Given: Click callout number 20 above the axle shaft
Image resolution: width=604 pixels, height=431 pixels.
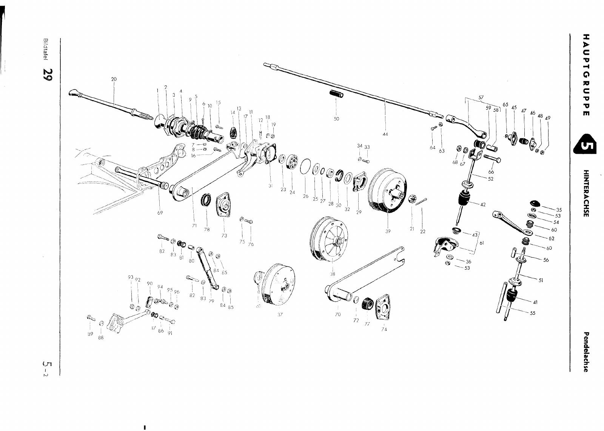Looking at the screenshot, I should pyautogui.click(x=114, y=79).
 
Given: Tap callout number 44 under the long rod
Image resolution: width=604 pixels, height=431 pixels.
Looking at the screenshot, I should pyautogui.click(x=385, y=134).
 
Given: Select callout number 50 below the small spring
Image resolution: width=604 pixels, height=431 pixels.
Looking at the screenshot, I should pyautogui.click(x=336, y=119).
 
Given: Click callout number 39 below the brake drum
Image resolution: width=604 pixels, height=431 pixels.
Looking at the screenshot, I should pyautogui.click(x=388, y=231).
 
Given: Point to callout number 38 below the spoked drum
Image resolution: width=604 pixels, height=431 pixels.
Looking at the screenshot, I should pyautogui.click(x=332, y=274).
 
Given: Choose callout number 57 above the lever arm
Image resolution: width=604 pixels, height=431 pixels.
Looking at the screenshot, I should pyautogui.click(x=481, y=97).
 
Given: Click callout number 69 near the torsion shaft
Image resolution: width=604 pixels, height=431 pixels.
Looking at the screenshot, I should pyautogui.click(x=160, y=212).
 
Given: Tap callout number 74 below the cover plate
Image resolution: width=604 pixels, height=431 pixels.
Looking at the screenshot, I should pyautogui.click(x=384, y=329).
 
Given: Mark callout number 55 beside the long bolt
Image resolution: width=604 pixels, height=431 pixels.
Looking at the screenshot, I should pyautogui.click(x=533, y=313).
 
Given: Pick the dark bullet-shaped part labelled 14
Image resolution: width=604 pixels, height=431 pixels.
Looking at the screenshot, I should pyautogui.click(x=234, y=132).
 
